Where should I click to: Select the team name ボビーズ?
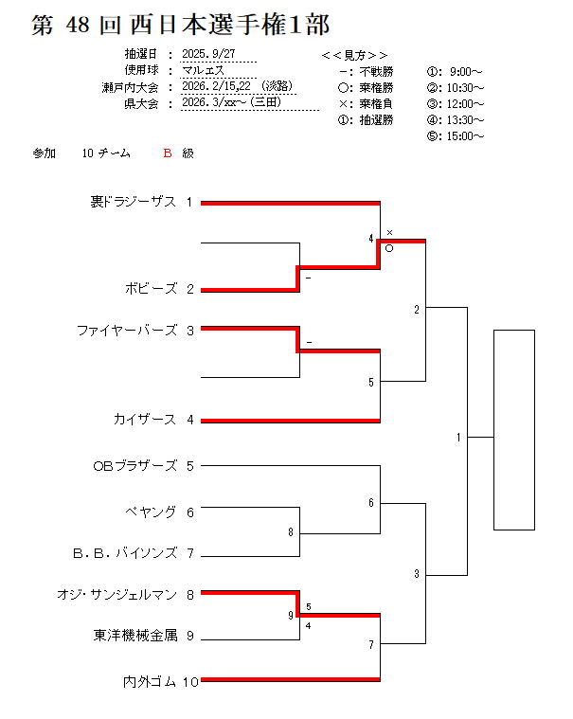[150, 288]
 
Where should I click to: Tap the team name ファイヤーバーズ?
[127, 331]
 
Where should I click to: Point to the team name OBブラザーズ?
[134, 465]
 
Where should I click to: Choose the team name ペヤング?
[151, 512]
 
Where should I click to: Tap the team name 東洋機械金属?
[134, 636]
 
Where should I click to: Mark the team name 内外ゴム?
[149, 680]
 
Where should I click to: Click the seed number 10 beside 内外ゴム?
[190, 680]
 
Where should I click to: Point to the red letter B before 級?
[167, 153]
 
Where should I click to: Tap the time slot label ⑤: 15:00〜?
[456, 136]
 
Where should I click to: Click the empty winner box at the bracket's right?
[514, 429]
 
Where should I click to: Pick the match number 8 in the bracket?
[291, 532]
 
